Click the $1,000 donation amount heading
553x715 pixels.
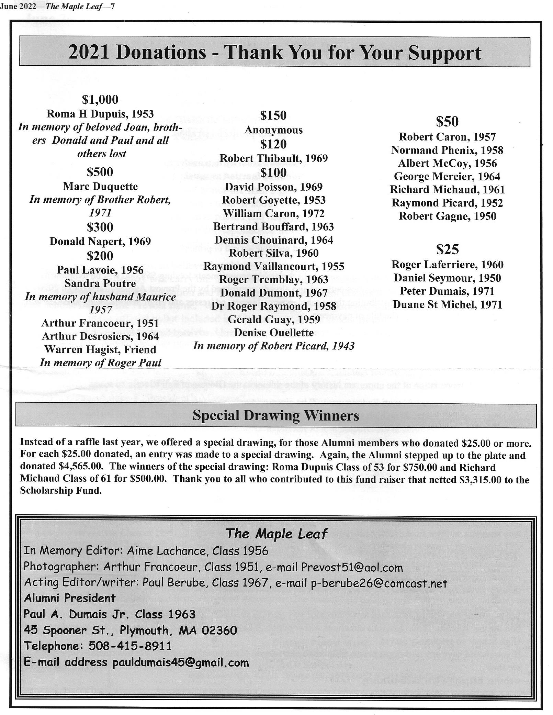point(100,100)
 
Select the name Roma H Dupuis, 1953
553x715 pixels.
point(100,114)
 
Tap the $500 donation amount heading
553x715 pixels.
point(100,172)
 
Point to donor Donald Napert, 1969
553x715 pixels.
point(100,241)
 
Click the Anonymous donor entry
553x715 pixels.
point(273,130)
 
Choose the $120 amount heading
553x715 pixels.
point(273,144)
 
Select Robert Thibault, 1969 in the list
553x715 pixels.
point(273,158)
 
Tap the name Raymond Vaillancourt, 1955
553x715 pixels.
point(273,266)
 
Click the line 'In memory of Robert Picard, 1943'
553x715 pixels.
point(273,346)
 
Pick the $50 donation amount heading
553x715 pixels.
point(447,122)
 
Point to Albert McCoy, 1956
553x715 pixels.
point(447,163)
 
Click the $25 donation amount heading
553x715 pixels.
point(447,249)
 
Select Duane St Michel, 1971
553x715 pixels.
point(447,304)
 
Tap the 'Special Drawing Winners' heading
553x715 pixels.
point(275,415)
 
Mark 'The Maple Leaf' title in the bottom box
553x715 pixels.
point(276,534)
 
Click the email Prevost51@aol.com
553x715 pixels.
point(352,567)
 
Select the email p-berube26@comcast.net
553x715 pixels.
point(379,583)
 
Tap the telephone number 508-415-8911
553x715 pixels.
point(130,646)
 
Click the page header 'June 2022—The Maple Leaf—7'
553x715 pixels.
point(57,7)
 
